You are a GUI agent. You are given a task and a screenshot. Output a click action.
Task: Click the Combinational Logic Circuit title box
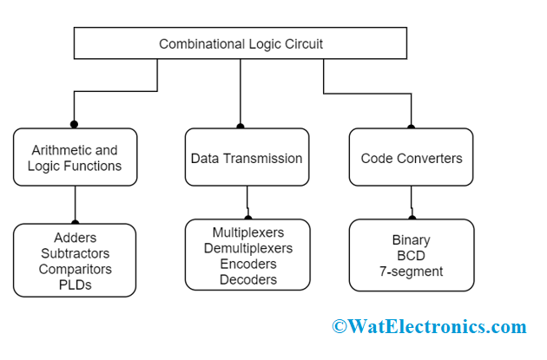pos(240,43)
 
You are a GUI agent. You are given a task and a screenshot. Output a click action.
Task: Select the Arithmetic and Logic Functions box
pos(75,157)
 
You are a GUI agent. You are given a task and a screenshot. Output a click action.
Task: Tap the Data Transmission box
pos(247,158)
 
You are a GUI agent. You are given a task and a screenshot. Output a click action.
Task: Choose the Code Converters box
pos(411,158)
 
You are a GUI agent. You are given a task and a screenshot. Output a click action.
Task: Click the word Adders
pos(75,238)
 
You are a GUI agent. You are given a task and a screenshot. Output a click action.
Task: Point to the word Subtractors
pos(75,253)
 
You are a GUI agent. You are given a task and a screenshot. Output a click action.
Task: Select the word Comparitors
pos(75,269)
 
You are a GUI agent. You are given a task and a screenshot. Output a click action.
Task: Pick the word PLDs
pos(75,285)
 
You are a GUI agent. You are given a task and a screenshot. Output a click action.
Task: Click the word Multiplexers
pos(247,232)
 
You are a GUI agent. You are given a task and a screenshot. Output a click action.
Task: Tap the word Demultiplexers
pos(247,248)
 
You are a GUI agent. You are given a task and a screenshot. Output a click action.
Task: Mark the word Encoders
pos(247,264)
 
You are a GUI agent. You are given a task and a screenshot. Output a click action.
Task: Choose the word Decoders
pos(247,279)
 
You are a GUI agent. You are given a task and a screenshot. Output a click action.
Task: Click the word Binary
pos(411,239)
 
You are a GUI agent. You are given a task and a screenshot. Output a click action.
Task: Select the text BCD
pos(411,255)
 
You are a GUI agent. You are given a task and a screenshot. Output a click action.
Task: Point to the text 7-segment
pos(411,271)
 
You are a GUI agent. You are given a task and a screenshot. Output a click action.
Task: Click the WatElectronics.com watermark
pos(428,327)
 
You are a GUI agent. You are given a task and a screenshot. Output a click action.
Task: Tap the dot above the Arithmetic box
pos(75,124)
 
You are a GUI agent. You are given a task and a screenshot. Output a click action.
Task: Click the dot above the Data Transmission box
pos(240,124)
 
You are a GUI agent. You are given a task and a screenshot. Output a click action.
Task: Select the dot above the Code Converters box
pos(411,124)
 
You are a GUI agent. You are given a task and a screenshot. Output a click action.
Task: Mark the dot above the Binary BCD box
pos(412,218)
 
